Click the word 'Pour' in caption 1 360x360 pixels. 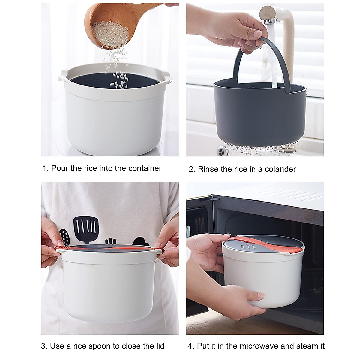pyautogui.click(x=60, y=168)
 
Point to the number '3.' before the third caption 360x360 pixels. pyautogui.click(x=44, y=346)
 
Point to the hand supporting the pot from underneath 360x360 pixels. pyautogui.click(x=240, y=300)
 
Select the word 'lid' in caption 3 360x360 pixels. pyautogui.click(x=159, y=346)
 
